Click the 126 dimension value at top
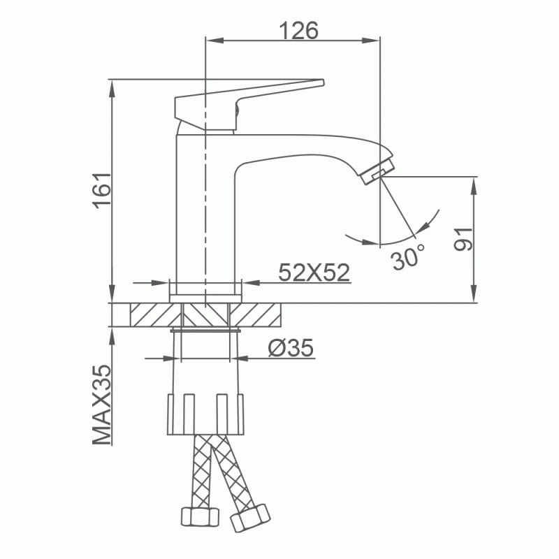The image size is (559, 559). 298,30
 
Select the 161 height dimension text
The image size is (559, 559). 102,190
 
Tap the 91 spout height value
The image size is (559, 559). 463,239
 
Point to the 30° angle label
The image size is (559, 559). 408,256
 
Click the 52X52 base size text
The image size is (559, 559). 314,273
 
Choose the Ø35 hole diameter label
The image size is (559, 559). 291,347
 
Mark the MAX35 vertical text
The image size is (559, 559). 102,405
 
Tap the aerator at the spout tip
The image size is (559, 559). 377,171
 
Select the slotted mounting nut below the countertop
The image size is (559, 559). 205,414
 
